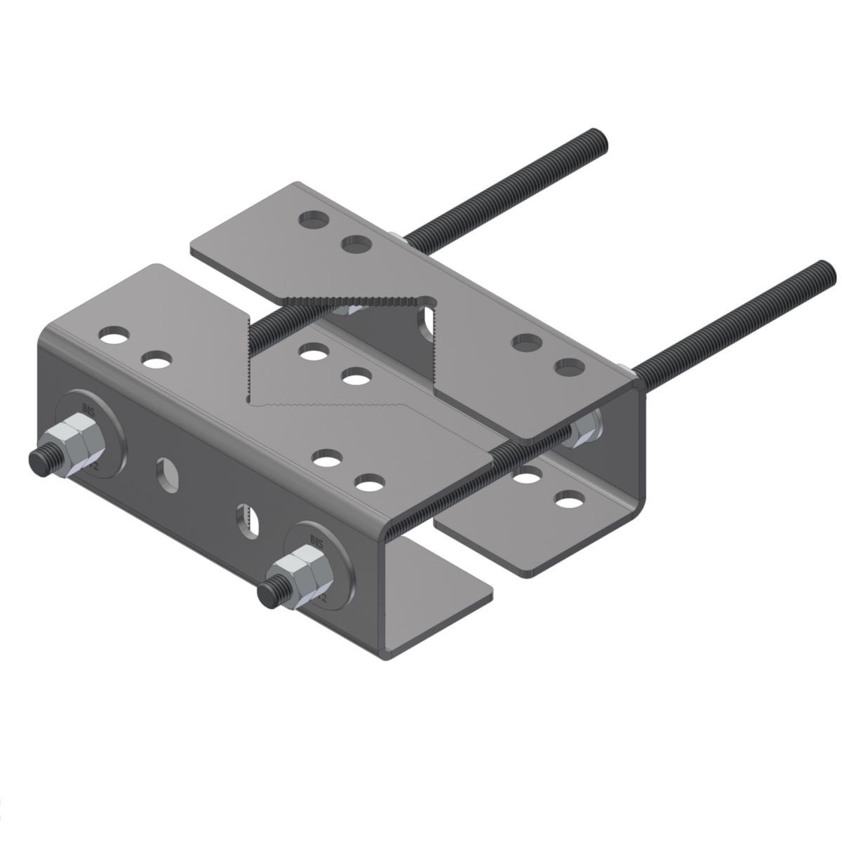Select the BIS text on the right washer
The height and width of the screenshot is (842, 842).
click(x=316, y=538)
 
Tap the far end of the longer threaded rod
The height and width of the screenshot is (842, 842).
click(x=826, y=270)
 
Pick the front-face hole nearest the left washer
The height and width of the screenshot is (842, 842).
click(x=167, y=470)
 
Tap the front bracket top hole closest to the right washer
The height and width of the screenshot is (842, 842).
click(x=370, y=483)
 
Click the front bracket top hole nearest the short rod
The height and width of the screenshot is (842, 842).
click(x=313, y=352)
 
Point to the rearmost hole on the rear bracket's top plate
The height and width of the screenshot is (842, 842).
click(x=314, y=220)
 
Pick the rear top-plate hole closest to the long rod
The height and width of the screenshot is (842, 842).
click(x=569, y=366)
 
